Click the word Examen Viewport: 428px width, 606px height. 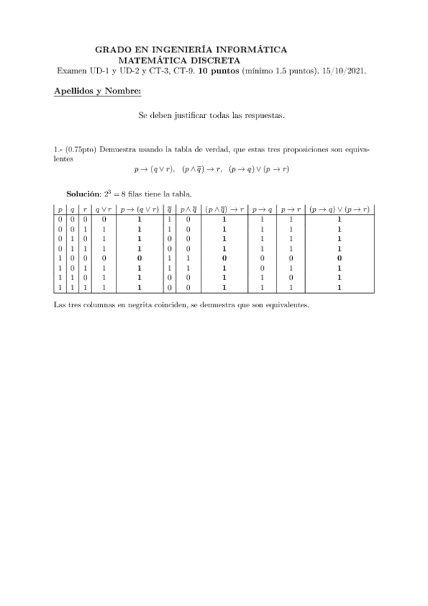[72, 71]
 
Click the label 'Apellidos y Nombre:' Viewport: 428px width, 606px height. [97, 91]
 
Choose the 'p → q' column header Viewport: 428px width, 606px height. [263, 209]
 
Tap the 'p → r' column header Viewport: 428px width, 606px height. [290, 209]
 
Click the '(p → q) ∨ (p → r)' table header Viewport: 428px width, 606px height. [339, 209]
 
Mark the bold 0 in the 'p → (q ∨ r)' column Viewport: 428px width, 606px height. [139, 257]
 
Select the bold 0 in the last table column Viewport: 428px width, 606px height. [339, 257]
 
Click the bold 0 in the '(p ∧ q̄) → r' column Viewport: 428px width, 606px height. [224, 257]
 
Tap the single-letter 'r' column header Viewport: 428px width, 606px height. [86, 209]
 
